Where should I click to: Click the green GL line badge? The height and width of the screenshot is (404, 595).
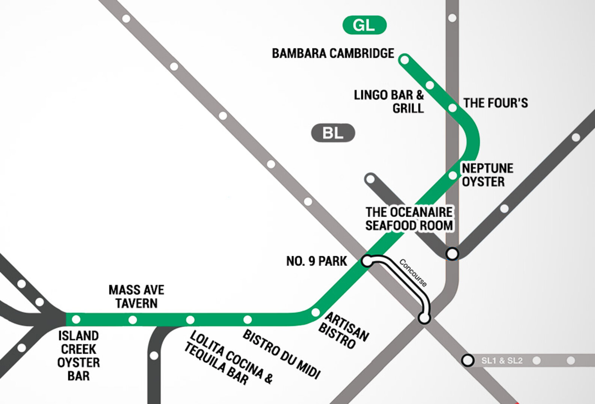pos(364,25)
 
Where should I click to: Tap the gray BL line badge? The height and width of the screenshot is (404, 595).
pos(333,133)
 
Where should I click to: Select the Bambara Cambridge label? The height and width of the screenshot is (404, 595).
pos(333,53)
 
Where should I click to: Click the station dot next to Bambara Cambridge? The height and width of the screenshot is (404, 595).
pos(405,59)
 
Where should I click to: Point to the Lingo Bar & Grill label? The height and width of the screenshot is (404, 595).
pos(389,101)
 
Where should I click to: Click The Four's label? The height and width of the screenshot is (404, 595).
pos(495,103)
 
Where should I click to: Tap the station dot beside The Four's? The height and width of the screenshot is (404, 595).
pos(453,108)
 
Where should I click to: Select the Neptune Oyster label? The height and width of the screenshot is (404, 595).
pos(487,175)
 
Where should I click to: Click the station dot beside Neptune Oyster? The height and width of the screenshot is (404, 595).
pos(453,175)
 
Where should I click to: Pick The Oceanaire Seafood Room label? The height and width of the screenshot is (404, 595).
pos(409,219)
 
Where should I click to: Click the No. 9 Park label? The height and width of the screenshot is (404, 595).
pos(316,261)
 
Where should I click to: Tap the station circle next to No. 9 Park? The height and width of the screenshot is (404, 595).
pos(367,261)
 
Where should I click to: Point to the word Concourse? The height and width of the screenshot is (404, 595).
pos(413,273)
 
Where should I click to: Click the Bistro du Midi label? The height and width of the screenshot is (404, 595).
pos(281,354)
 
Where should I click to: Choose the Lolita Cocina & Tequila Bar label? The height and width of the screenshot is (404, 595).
pos(228,358)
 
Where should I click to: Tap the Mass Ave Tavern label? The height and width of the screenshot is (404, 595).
pos(136,296)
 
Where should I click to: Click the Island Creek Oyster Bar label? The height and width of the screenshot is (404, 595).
pos(79,355)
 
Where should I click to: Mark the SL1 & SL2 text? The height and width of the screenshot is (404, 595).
pos(502,360)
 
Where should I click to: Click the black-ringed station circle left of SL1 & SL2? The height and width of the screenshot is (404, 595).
pos(468,360)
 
